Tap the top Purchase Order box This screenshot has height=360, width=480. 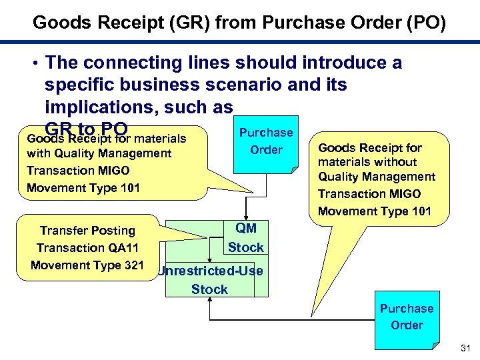click(266, 141)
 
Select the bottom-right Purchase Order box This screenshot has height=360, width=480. click(407, 317)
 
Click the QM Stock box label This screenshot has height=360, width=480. click(245, 238)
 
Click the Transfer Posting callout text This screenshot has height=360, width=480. click(87, 231)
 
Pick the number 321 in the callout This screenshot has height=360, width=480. click(131, 265)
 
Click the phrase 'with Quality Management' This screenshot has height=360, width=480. click(99, 153)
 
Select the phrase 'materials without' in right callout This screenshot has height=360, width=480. click(367, 162)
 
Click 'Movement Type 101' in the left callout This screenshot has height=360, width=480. click(83, 187)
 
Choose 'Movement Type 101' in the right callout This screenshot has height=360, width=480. click(375, 211)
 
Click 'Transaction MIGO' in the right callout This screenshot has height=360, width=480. click(369, 194)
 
